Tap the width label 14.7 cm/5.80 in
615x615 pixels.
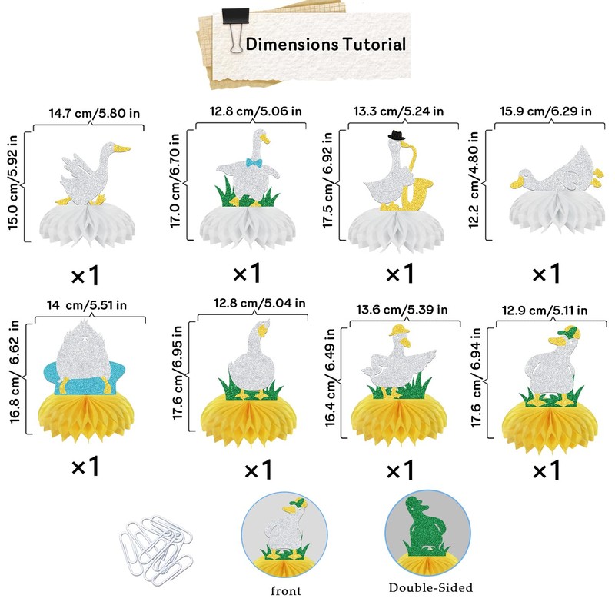95,113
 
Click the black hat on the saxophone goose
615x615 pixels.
397,135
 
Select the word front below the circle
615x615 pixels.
285,592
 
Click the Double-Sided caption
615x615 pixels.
430,588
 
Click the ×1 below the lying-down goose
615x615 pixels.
546,273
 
